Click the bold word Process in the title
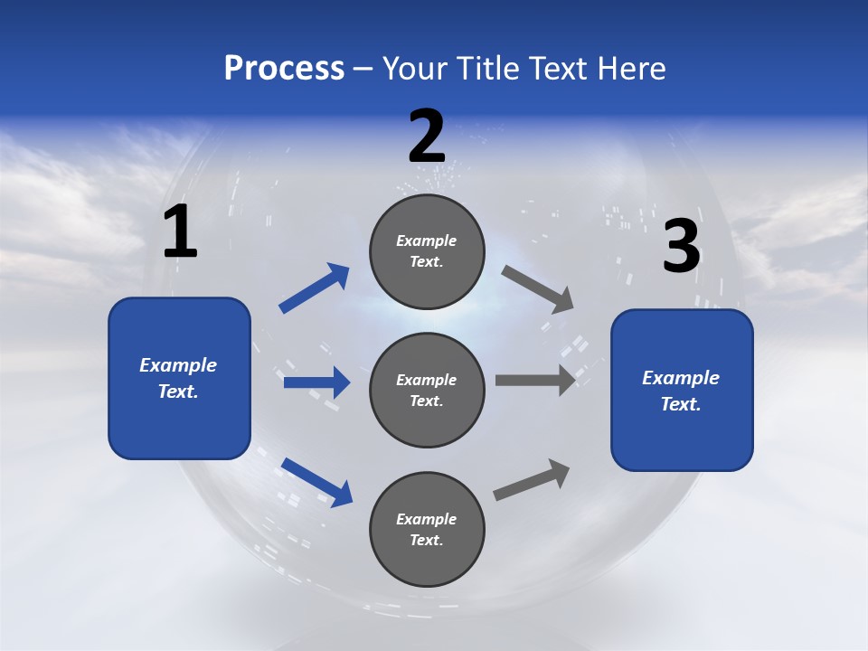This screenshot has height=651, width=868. [x=284, y=68]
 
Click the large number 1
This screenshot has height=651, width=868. [x=180, y=232]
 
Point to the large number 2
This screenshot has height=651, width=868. [x=427, y=137]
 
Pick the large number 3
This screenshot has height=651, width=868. [x=681, y=247]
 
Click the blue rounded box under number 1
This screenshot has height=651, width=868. [x=179, y=378]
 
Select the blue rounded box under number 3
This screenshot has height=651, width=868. [x=682, y=391]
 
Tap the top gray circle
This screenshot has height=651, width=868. [x=427, y=251]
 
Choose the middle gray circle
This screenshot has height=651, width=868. [x=427, y=390]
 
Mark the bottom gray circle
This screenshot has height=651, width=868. [x=427, y=529]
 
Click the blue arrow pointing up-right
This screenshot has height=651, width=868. [x=315, y=288]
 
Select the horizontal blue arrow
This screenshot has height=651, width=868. [x=316, y=382]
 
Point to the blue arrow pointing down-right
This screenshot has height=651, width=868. [x=316, y=482]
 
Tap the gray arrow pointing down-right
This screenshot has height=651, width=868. [x=538, y=288]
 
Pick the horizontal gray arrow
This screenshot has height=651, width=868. [x=535, y=380]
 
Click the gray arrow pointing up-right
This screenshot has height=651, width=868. [x=532, y=479]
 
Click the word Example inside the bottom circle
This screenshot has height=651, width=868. [x=427, y=519]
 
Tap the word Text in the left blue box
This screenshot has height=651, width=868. [x=177, y=392]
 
